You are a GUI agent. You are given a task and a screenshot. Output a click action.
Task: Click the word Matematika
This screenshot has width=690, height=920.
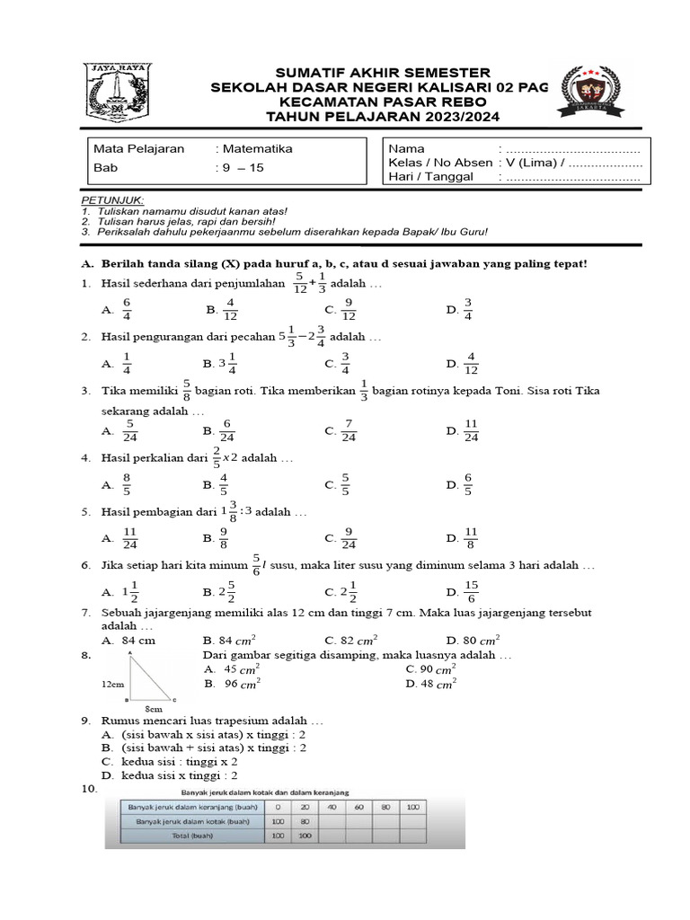point(257,149)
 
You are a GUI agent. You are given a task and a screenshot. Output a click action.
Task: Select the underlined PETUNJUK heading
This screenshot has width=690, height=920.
point(113,199)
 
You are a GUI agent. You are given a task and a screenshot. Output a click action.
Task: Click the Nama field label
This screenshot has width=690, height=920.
point(407,148)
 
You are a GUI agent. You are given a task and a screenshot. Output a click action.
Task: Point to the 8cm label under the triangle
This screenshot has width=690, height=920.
point(154,709)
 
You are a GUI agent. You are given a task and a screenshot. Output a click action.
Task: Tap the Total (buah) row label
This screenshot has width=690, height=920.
point(193,836)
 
